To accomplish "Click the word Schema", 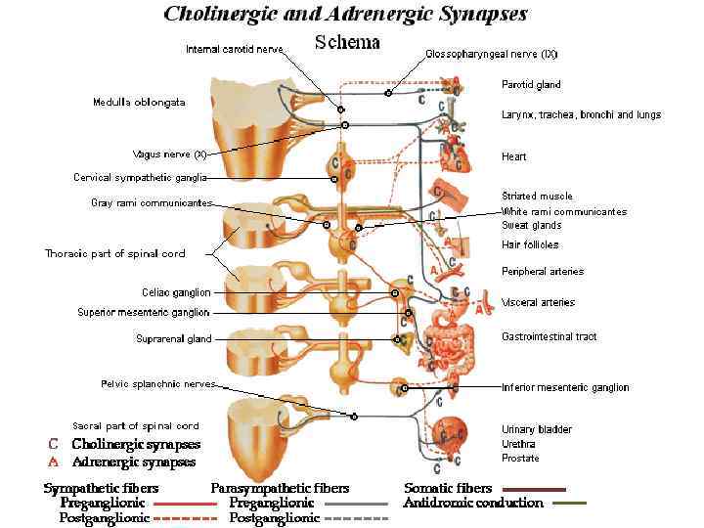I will (x=347, y=43).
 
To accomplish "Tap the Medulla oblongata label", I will (x=139, y=102).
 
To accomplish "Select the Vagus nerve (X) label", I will (x=169, y=154).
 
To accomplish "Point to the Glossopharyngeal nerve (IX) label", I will (x=491, y=53).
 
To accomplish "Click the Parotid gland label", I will (x=531, y=84).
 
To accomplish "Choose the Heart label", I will (x=514, y=156).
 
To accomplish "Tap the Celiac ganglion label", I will (x=176, y=291).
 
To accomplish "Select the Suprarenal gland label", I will (x=173, y=339).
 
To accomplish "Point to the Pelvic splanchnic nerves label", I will (x=157, y=383).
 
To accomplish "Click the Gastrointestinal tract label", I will (x=549, y=336).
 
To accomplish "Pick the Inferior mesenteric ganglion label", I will (x=565, y=387).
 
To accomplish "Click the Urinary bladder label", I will (x=536, y=429).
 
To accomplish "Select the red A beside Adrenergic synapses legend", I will (x=55, y=462).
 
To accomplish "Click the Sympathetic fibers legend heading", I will (x=101, y=488).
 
